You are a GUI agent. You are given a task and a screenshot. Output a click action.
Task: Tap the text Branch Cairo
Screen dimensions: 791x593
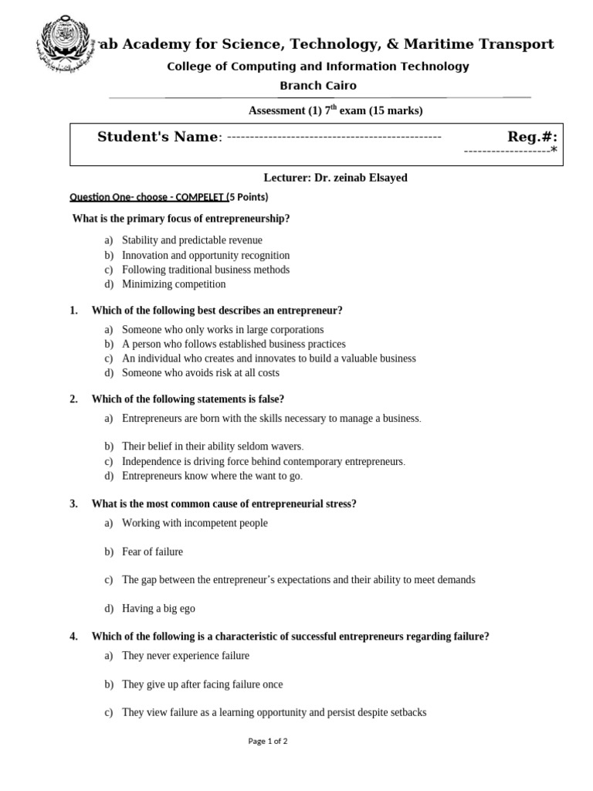[318, 86]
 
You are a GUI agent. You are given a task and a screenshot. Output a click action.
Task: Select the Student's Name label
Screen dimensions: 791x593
[158, 137]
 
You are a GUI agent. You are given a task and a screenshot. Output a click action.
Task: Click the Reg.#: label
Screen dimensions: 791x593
[532, 137]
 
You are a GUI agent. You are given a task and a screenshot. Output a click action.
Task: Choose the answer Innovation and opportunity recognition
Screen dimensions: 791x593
[205, 255]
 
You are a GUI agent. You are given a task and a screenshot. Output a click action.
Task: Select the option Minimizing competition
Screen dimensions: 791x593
[174, 284]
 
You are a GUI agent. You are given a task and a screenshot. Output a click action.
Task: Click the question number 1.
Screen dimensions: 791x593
[73, 311]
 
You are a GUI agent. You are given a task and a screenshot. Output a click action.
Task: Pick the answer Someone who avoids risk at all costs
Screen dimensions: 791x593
[201, 372]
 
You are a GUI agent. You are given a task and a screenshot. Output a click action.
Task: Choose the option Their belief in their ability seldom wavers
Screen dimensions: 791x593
[212, 446]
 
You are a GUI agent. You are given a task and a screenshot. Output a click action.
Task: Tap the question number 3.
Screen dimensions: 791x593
[73, 504]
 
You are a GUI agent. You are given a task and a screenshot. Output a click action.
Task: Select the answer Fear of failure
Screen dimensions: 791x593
[152, 552]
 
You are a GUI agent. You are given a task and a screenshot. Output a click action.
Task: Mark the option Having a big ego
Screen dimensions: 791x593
[158, 609]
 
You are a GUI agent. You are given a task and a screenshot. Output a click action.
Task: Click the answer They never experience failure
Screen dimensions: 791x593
[185, 656]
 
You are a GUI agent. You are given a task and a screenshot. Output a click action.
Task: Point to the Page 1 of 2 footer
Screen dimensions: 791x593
[267, 741]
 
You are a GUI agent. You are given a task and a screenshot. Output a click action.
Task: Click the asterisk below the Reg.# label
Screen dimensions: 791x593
[553, 151]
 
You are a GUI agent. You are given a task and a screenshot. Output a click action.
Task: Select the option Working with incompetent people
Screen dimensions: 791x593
[195, 523]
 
